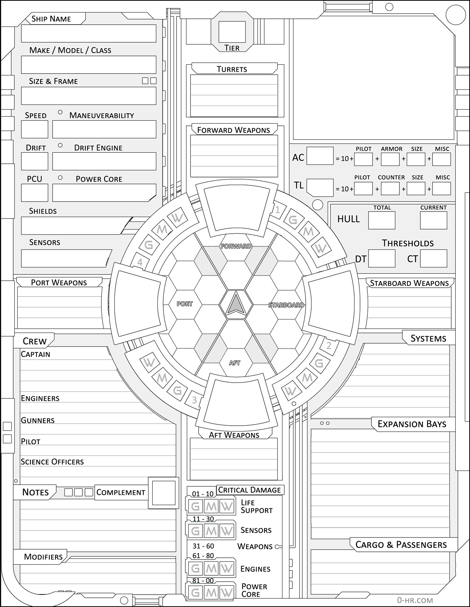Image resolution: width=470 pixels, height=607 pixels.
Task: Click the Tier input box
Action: (232, 32)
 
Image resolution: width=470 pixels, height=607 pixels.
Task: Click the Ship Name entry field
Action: (89, 33)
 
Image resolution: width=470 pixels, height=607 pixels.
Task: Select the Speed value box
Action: (35, 129)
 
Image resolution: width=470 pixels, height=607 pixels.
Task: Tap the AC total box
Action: (320, 156)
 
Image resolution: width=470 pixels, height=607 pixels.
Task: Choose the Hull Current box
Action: (434, 220)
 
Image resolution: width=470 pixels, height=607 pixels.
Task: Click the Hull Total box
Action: (382, 220)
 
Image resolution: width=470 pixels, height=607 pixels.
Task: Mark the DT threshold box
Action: (382, 258)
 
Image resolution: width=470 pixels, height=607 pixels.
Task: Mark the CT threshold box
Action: (434, 258)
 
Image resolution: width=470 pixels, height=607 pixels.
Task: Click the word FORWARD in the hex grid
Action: (236, 246)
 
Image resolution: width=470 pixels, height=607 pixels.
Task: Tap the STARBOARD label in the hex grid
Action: (286, 305)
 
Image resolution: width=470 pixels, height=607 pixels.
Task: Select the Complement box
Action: (164, 493)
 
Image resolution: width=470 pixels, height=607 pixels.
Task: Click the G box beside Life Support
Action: (196, 507)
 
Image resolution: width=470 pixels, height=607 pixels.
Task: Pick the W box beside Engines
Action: (227, 569)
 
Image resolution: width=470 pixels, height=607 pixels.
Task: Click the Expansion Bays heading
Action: (412, 424)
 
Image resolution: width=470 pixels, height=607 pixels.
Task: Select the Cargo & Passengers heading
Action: (401, 545)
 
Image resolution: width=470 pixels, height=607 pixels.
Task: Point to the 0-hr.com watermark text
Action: (415, 600)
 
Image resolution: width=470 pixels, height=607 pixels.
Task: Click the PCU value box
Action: (35, 193)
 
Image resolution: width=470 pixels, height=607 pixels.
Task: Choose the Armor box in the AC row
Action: (390, 159)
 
